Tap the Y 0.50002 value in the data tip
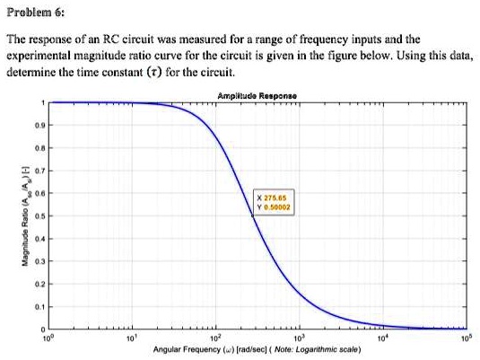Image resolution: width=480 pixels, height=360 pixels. coord(272,206)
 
